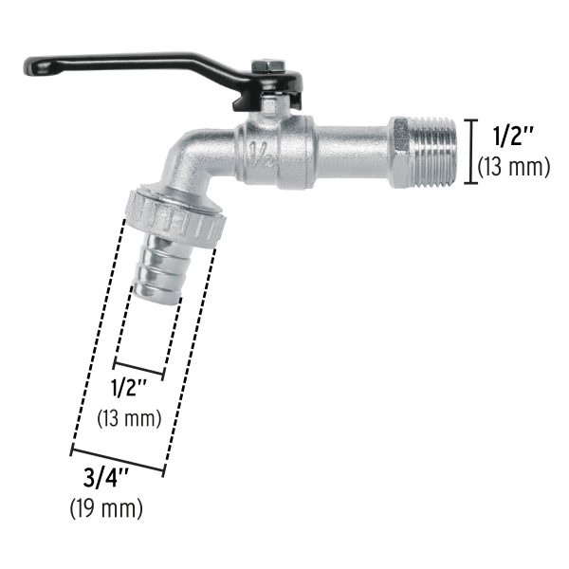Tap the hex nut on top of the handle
coord(268,66)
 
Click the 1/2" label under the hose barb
coord(130,388)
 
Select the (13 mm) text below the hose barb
coord(130,417)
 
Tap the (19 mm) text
coord(106,509)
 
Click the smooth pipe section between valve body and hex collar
coord(352,150)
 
